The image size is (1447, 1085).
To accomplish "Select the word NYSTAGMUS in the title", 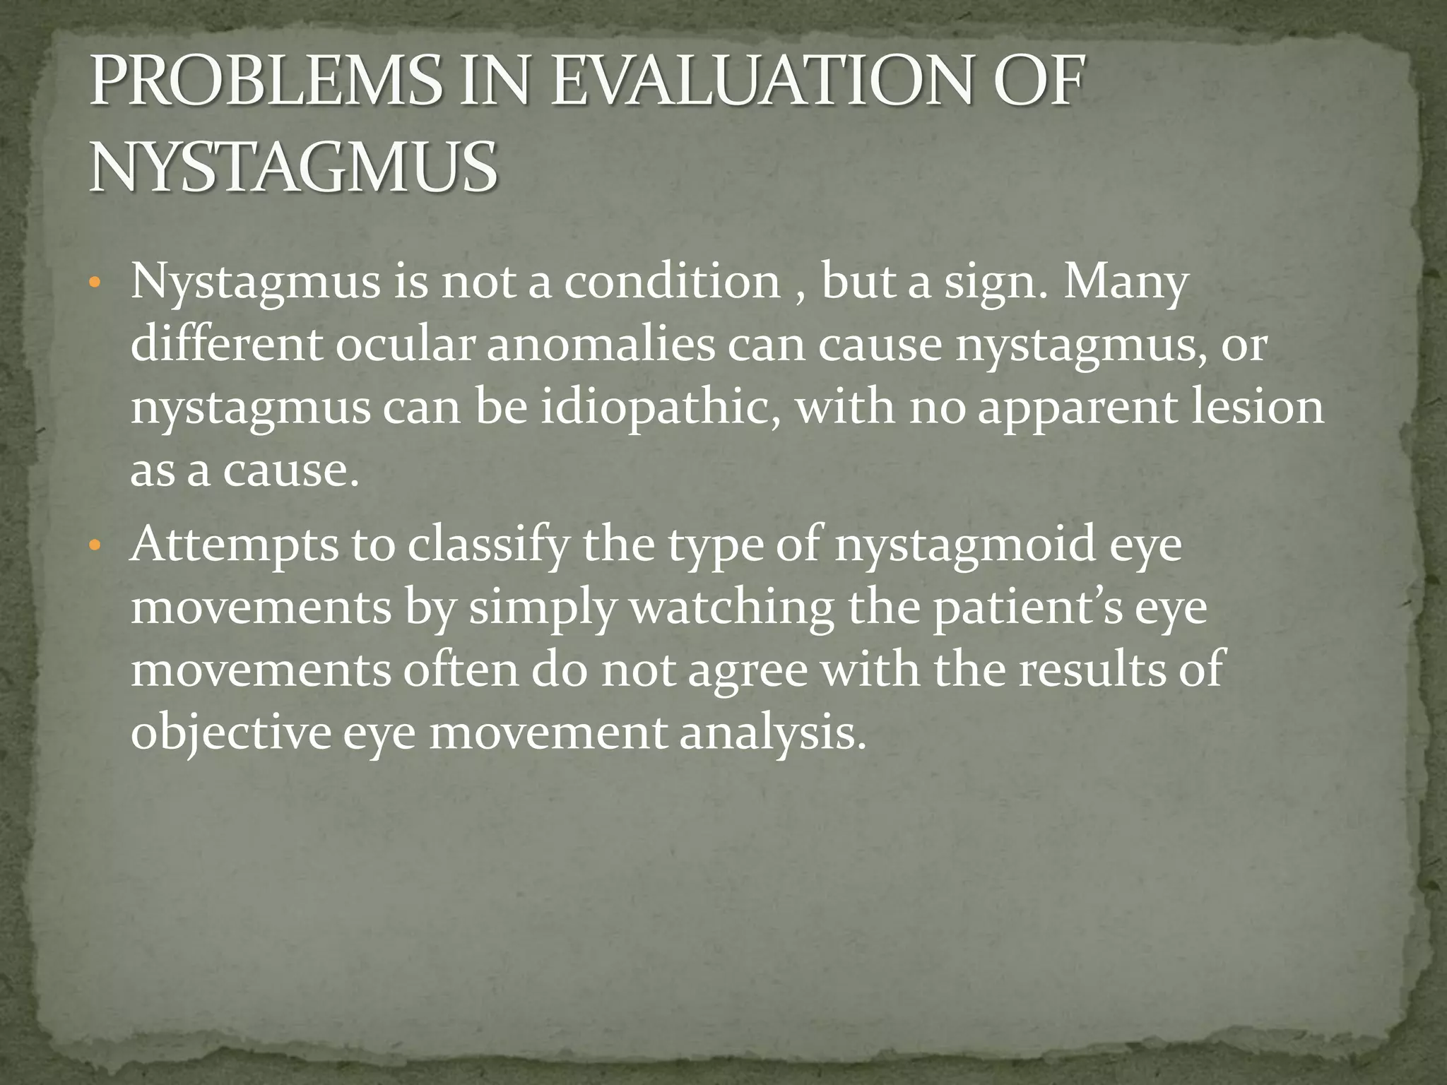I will pos(293,168).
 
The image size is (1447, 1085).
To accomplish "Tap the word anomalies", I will pos(601,345).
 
